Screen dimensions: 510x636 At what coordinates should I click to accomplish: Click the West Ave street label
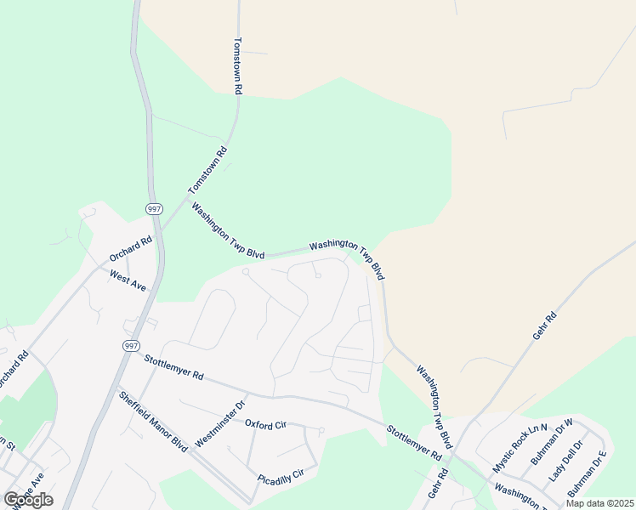(128, 280)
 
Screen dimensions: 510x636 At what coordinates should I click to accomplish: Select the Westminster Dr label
(219, 422)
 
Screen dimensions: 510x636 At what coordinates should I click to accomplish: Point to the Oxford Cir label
(264, 423)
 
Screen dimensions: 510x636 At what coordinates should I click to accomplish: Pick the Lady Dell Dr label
(566, 462)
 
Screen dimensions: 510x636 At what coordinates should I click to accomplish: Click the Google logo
(28, 500)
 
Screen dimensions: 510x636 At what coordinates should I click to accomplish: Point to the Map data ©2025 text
(599, 503)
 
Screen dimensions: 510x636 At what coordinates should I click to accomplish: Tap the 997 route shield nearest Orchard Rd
(154, 209)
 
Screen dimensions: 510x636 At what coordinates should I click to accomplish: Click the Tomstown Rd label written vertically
(239, 65)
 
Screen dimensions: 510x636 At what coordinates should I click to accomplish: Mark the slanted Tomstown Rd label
(209, 169)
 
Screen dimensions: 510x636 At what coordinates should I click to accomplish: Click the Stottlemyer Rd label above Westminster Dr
(174, 368)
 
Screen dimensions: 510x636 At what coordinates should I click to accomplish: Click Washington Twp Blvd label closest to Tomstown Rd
(228, 230)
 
